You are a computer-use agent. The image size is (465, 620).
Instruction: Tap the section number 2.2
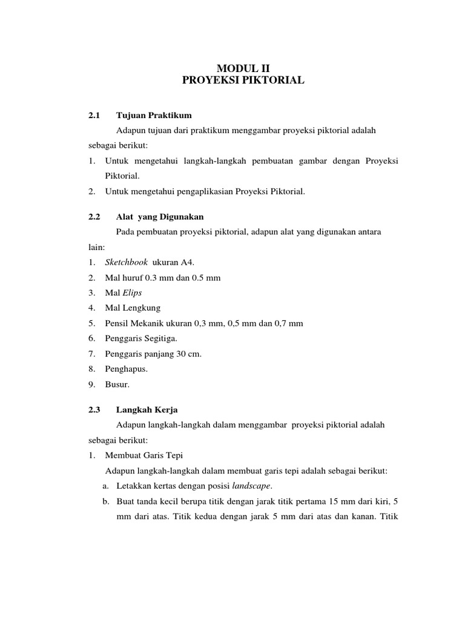point(93,216)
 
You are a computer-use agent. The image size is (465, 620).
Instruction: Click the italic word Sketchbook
point(126,262)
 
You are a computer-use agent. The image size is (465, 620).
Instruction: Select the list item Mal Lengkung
point(133,308)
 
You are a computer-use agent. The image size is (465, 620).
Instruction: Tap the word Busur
point(117,384)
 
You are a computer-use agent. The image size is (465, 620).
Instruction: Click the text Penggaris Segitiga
point(141,338)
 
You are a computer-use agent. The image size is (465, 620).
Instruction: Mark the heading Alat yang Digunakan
point(160,216)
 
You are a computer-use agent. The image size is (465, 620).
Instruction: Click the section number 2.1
point(93,115)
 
